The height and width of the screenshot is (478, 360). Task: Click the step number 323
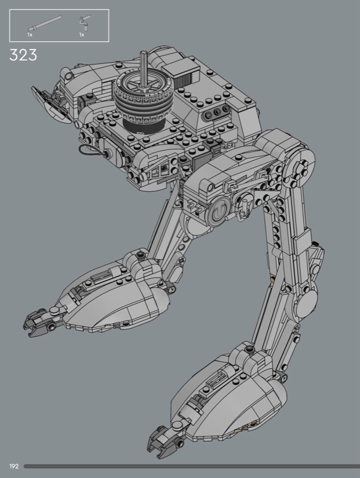tap(23, 55)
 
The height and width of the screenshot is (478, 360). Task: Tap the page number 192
tap(14, 467)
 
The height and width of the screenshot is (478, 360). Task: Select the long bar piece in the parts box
tap(45, 23)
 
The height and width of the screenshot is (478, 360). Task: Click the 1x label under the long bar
tap(30, 35)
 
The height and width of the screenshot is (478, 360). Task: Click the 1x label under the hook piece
tap(81, 35)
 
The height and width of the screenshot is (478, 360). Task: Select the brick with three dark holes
tap(216, 114)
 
